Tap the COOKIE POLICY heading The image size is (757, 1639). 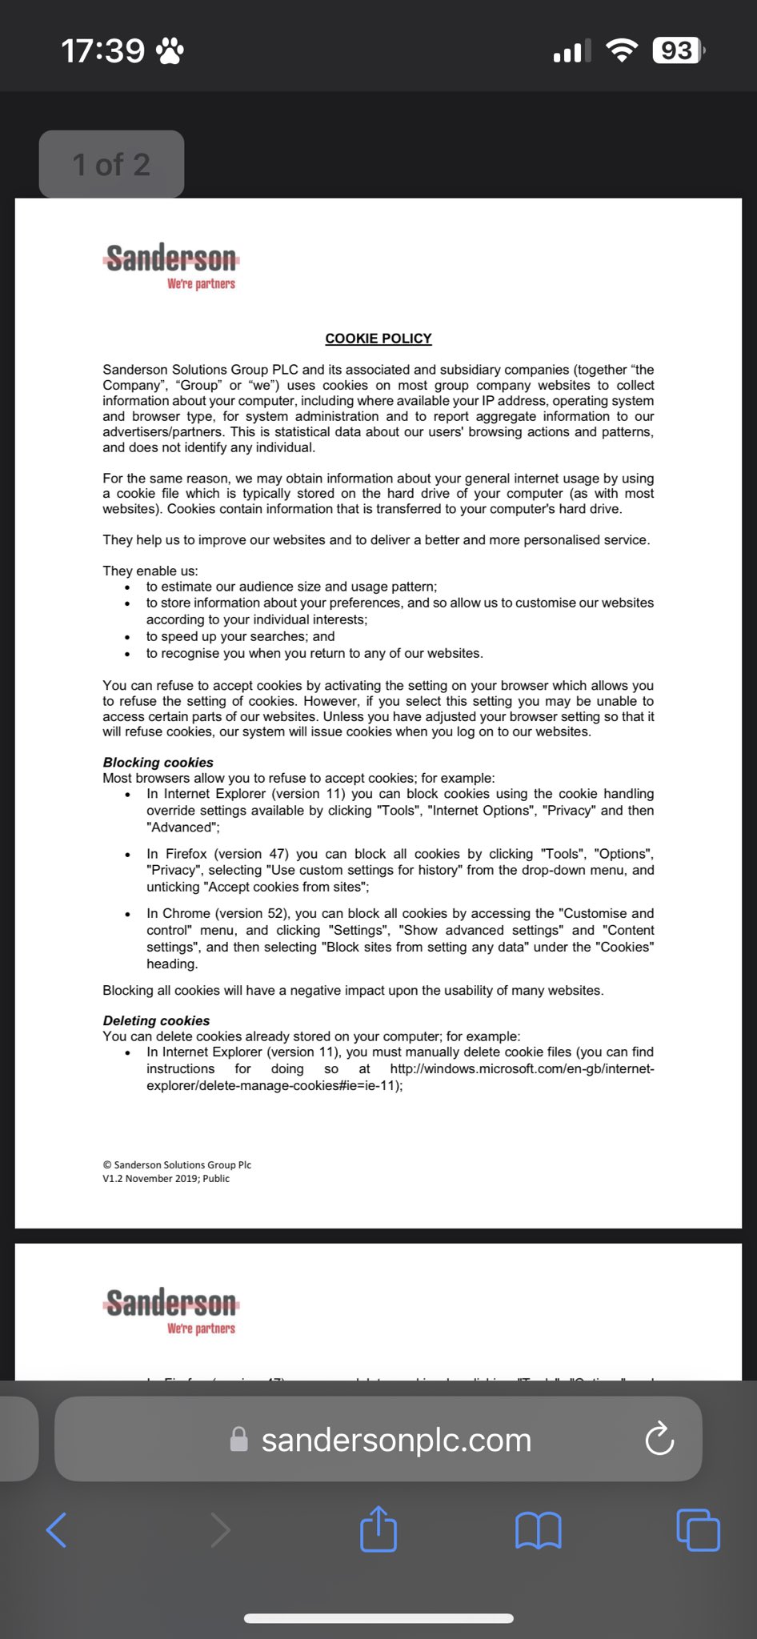pos(378,339)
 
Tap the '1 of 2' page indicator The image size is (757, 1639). pos(111,164)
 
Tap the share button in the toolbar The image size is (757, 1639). pos(378,1529)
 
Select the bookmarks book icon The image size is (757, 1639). pos(539,1530)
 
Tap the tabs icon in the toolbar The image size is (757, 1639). pos(698,1529)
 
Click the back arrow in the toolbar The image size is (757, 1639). pos(57,1530)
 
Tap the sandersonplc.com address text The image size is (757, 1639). pos(396,1440)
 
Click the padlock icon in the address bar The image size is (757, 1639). pos(238,1439)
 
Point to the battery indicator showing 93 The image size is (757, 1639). pos(678,50)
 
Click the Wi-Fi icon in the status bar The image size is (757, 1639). pos(622,50)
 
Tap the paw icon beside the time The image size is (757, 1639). pos(170,50)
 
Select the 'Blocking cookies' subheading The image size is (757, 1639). pos(158,763)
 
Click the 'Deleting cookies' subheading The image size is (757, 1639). pos(156,1020)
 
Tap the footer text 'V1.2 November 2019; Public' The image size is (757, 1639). pos(166,1178)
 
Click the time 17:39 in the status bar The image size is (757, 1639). pos(103,50)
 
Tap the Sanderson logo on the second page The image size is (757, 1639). pos(171,1310)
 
